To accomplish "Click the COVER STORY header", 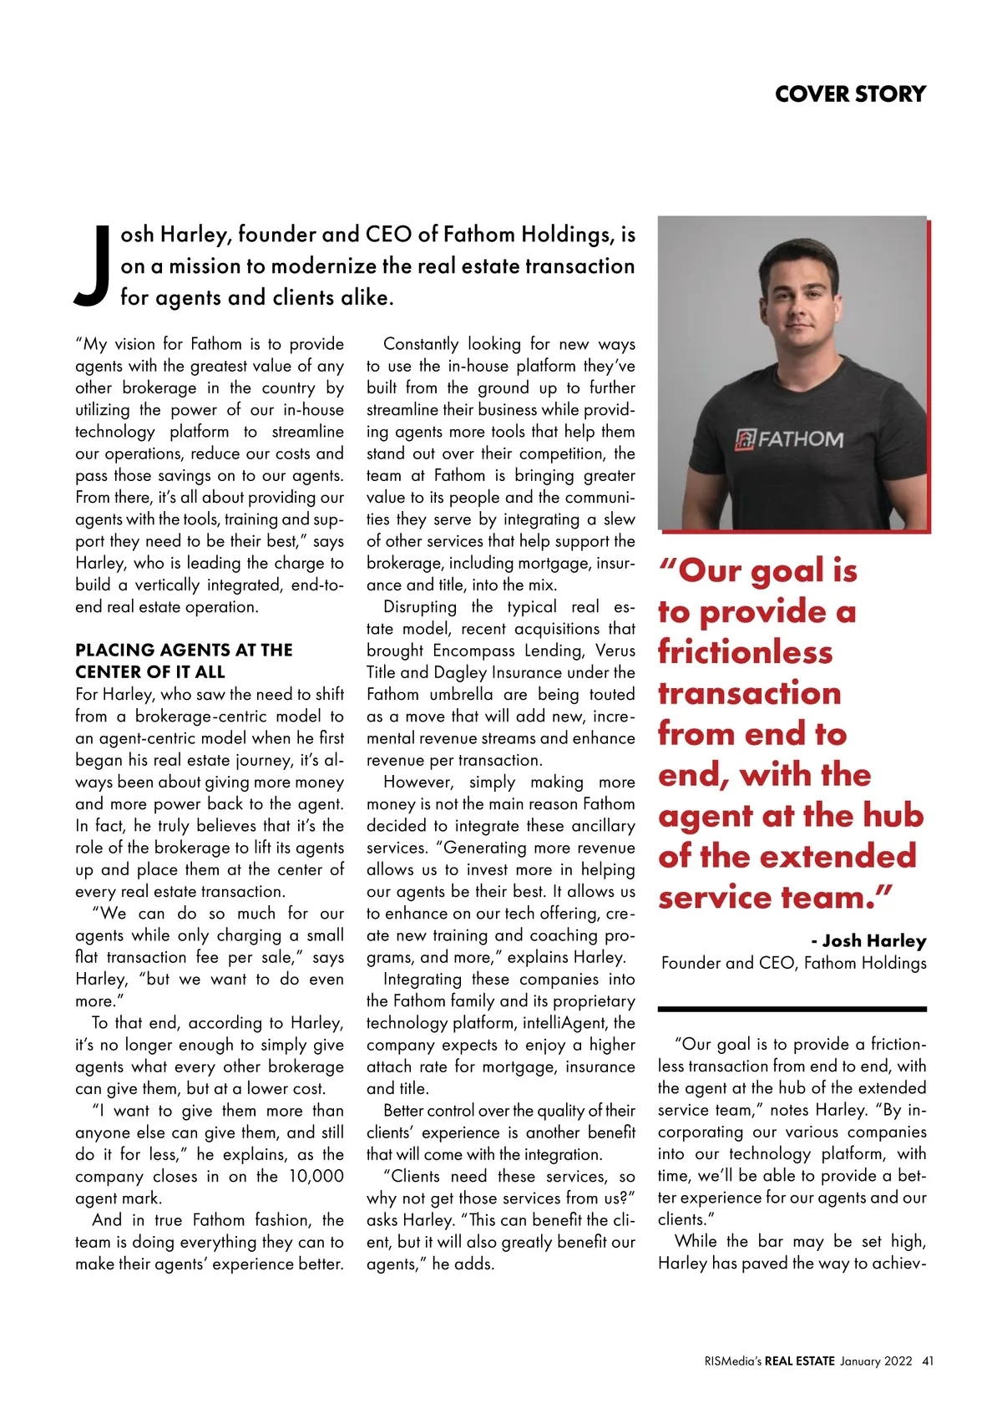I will coord(850,94).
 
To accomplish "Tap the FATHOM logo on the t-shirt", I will coord(789,439).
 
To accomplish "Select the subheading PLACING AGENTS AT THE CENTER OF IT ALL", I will coord(184,661).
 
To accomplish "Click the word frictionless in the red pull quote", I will coord(745,651).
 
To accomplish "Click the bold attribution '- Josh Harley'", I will coord(868,940).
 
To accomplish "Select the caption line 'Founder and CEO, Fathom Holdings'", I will coord(793,963).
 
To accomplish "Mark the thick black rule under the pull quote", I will coord(792,1009).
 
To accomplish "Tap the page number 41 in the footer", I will coord(928,1360).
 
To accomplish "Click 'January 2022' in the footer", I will coord(876,1360).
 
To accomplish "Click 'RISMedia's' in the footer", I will coord(732,1360).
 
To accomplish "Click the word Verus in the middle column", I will coord(614,651).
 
